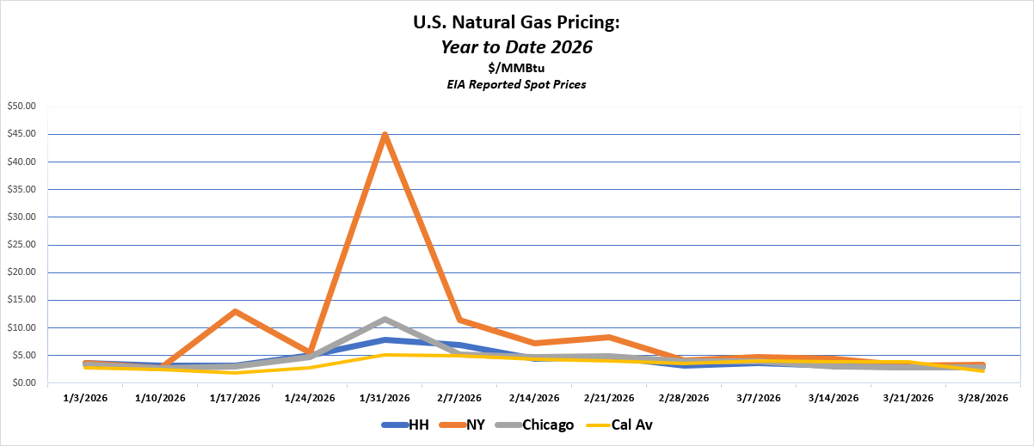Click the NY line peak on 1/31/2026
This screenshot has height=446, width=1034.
[x=385, y=135]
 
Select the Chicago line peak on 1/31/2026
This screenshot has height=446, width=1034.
[x=385, y=319]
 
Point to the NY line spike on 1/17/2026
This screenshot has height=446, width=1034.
[x=235, y=311]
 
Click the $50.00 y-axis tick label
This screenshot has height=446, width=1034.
[x=23, y=107]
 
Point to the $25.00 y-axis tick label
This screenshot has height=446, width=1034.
[x=23, y=245]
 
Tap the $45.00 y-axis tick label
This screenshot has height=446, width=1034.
[x=23, y=134]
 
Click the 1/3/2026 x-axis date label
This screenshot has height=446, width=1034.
[x=85, y=398]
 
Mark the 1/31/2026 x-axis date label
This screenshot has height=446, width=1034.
[x=385, y=398]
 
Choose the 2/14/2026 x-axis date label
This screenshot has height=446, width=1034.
[x=534, y=398]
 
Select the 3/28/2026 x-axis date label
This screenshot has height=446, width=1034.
[x=983, y=398]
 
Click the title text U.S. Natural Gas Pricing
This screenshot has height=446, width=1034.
[x=517, y=23]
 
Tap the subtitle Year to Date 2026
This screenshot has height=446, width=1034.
[x=517, y=47]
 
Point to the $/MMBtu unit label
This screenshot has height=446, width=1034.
[x=517, y=69]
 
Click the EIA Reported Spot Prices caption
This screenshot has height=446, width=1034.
[x=517, y=85]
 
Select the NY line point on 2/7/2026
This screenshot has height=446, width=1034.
[x=459, y=320]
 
